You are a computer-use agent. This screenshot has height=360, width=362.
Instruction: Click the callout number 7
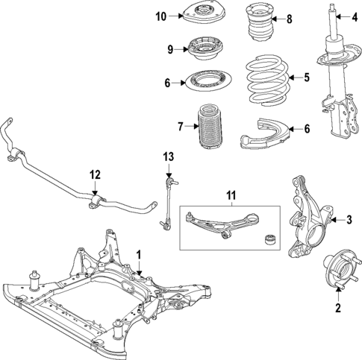click(181, 127)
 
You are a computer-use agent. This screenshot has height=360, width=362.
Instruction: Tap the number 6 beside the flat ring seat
click(168, 83)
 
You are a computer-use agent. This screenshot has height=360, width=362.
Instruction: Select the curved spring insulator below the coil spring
click(263, 133)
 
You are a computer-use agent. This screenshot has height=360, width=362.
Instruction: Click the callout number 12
click(95, 175)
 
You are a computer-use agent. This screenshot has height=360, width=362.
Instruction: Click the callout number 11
click(232, 198)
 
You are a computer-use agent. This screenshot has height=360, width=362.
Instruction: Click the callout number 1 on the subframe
click(138, 254)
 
